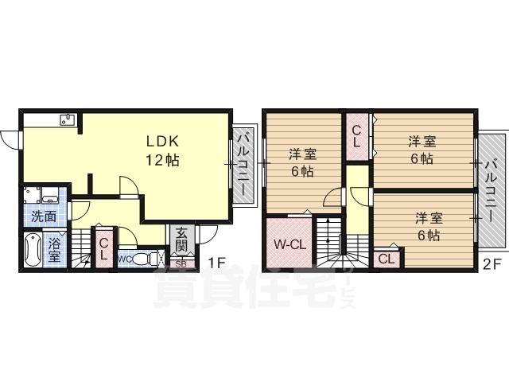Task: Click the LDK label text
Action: click(x=161, y=141)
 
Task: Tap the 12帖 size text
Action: click(x=161, y=160)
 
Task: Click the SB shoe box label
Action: click(x=181, y=263)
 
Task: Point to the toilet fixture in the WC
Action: click(x=144, y=259)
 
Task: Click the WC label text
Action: click(x=125, y=259)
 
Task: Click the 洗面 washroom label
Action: click(x=44, y=216)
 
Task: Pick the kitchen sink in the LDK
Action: click(x=66, y=121)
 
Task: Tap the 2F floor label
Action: click(x=490, y=263)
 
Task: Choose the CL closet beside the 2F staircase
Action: click(x=386, y=259)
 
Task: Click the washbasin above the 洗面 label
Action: click(x=49, y=195)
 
